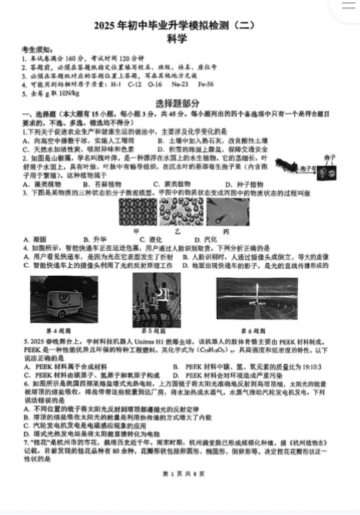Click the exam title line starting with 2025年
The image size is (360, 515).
(x=180, y=25)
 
